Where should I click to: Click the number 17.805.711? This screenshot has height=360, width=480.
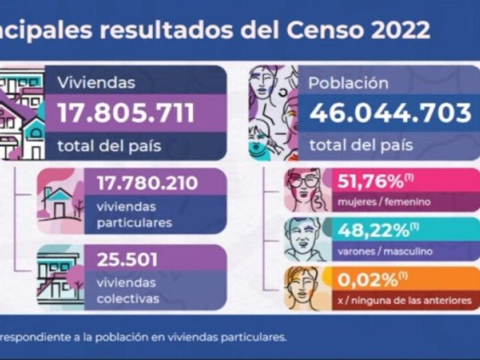[x=126, y=113]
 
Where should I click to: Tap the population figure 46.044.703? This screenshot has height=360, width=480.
[x=390, y=113]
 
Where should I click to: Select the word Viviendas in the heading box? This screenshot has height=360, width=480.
[x=97, y=82]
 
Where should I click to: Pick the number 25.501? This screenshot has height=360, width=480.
[x=127, y=260]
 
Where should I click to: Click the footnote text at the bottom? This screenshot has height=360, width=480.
[x=142, y=337]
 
